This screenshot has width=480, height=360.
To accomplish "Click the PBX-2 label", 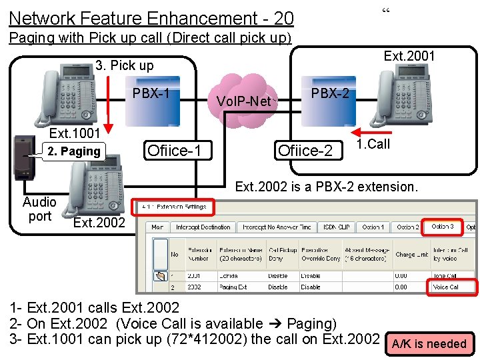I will coord(330,93).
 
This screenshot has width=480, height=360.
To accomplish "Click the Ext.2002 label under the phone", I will coord(99,223).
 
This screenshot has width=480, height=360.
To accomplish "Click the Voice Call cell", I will coord(451,287).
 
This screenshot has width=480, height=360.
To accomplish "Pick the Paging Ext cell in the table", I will coord(231,287).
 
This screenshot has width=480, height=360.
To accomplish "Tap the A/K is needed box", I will coord(429,344).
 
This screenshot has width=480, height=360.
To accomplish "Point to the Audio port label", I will coord(39,209).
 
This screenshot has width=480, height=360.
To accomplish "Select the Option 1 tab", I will coord(373,227).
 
